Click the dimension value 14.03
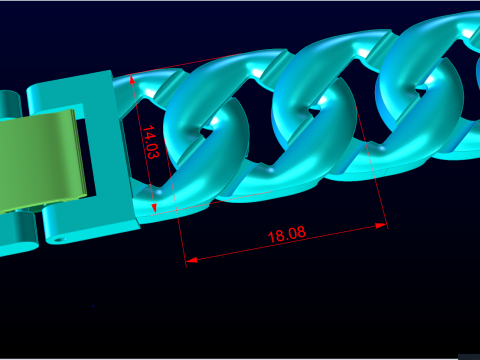151,142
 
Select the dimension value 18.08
287,235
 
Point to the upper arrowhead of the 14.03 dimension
132,79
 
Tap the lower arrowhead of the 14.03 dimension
154,209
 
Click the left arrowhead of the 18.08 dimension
191,260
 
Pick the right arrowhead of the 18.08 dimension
381,226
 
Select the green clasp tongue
42,160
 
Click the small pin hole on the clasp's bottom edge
60,239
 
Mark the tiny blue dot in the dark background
93,305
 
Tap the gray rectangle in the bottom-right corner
469,357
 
